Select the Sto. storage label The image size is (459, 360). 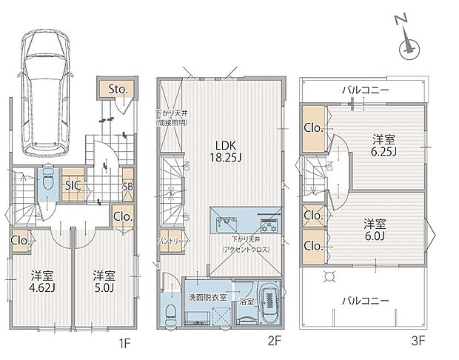point(118,90)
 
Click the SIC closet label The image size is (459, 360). point(73,185)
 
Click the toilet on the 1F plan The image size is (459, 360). point(47,181)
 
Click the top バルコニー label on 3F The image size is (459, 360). point(366,90)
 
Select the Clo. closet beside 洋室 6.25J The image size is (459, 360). point(314,128)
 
